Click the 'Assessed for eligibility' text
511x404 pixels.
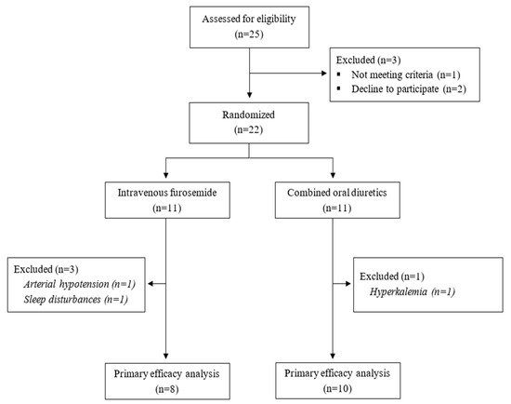tap(249, 19)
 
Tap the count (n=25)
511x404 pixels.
tap(249, 34)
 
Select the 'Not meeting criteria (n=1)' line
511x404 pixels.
tap(406, 74)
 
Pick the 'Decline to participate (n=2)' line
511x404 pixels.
tap(409, 89)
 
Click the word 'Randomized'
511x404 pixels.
tap(249, 114)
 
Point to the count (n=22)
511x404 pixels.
tap(249, 130)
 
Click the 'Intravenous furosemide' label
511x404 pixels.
tap(167, 193)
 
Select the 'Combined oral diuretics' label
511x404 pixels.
tap(337, 193)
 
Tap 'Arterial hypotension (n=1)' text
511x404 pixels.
tap(80, 284)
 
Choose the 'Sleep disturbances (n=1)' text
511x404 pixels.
tap(75, 299)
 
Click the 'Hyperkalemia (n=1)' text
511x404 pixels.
tap(413, 291)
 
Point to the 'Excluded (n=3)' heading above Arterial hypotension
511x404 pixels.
tap(46, 269)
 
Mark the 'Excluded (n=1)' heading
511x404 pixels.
tap(392, 276)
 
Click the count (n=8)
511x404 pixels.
tap(167, 389)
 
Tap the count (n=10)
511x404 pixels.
tap(337, 388)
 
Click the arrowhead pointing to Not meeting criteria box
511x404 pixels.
tap(324, 74)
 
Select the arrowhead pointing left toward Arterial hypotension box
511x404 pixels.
tap(151, 284)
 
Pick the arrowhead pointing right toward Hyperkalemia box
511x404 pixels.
tap(348, 284)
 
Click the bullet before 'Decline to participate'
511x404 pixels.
tap(339, 88)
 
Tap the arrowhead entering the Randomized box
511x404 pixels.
tap(249, 95)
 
